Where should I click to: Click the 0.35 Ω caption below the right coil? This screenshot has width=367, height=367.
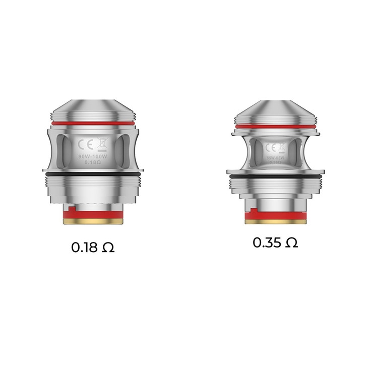point(275,242)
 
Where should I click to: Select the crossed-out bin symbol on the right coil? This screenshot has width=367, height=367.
point(281,147)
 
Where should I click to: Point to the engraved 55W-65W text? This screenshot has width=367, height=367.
point(275,156)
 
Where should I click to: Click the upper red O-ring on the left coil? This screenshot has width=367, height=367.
point(93,121)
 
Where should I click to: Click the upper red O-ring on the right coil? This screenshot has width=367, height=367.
point(275,126)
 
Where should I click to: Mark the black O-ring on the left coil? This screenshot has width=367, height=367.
point(93,173)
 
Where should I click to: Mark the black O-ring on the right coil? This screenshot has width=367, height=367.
point(275,177)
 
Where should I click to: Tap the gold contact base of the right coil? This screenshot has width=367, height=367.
point(275,220)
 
